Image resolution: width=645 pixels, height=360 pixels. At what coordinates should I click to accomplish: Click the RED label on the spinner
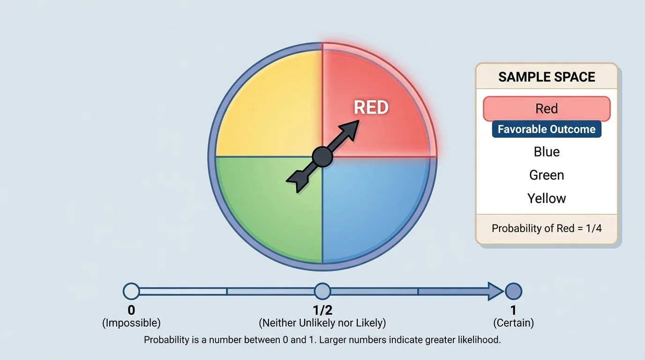(x=371, y=107)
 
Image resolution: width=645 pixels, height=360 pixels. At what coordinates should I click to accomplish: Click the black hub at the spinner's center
(x=322, y=157)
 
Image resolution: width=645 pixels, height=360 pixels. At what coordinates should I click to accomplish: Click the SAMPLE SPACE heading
(x=547, y=77)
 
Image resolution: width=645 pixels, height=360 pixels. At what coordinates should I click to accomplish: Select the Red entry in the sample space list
(x=547, y=109)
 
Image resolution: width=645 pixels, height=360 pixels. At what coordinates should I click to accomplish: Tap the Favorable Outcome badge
(x=547, y=129)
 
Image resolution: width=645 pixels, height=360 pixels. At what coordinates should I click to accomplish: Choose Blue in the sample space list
(x=547, y=152)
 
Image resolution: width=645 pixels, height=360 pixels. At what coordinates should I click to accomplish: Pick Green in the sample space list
(x=547, y=175)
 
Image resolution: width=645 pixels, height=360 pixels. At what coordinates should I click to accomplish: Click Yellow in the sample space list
(x=547, y=198)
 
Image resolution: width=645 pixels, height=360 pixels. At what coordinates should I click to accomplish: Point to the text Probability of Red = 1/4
(x=547, y=229)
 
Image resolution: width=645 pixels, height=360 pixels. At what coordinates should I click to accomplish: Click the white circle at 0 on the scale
(x=131, y=291)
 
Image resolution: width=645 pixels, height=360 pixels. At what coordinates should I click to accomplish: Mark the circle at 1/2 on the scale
(x=322, y=291)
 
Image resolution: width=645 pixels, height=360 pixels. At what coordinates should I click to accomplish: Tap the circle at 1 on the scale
(x=513, y=291)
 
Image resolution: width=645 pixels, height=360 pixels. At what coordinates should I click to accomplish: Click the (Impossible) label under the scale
(x=131, y=323)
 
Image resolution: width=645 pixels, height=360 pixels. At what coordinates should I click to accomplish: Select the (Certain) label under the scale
(x=513, y=323)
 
